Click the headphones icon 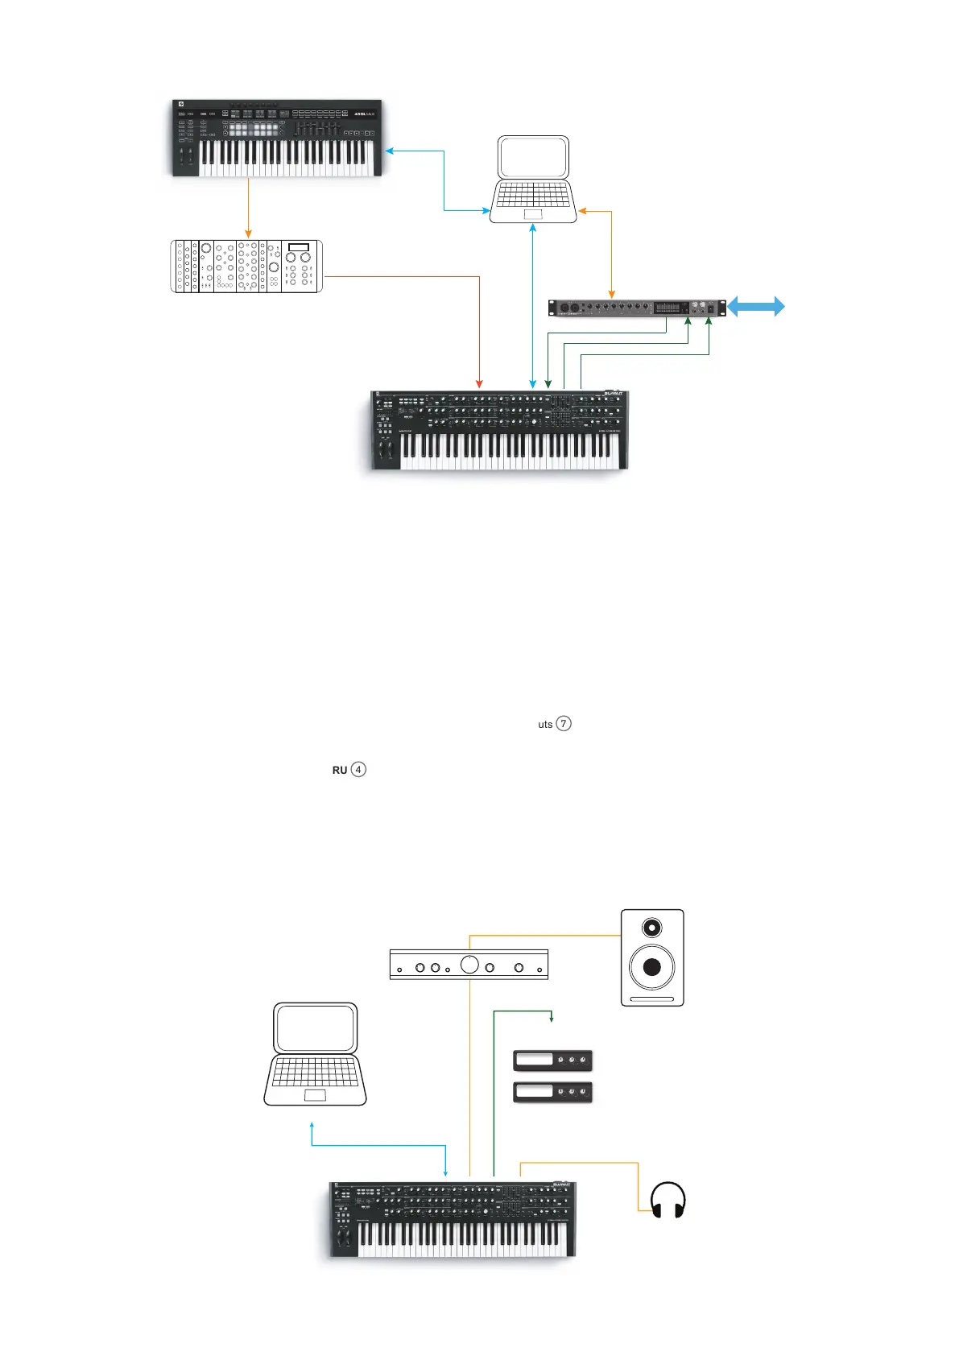click(x=668, y=1200)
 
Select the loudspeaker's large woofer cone click(x=651, y=966)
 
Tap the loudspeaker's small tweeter click(x=651, y=928)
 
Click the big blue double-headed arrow click(x=756, y=306)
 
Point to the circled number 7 click(x=564, y=723)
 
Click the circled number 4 click(x=358, y=769)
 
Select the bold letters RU click(x=340, y=770)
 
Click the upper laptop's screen click(x=533, y=157)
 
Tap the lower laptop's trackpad click(x=315, y=1094)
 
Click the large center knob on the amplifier click(x=469, y=964)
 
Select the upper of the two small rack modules click(x=552, y=1060)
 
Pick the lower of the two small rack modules click(x=552, y=1092)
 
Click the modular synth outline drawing click(x=246, y=266)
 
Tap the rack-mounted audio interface click(x=636, y=308)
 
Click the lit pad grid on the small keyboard click(x=253, y=129)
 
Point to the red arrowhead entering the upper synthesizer click(x=480, y=383)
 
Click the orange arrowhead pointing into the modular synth click(x=248, y=234)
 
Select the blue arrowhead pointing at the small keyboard click(x=390, y=151)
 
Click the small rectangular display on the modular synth click(x=298, y=247)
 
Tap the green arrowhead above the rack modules click(x=552, y=1019)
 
